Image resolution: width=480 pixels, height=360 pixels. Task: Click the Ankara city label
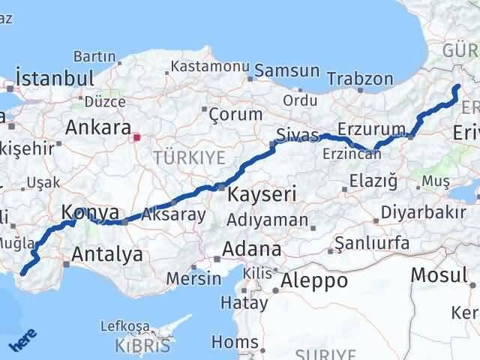point(98,127)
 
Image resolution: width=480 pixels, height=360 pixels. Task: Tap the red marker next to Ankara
point(136,137)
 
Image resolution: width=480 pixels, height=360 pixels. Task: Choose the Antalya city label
point(106,255)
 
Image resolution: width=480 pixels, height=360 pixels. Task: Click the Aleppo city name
point(314,281)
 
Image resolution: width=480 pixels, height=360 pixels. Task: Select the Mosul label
point(438,275)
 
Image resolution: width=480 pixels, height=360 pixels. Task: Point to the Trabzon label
point(361,79)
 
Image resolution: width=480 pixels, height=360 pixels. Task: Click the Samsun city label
point(287,71)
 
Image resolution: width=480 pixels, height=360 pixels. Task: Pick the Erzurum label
point(371,127)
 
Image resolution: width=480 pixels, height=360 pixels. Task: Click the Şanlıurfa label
point(372,243)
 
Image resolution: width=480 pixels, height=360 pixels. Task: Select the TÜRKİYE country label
point(189,157)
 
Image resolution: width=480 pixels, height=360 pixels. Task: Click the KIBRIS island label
point(144,346)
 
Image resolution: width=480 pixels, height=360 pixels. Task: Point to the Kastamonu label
point(210,67)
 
